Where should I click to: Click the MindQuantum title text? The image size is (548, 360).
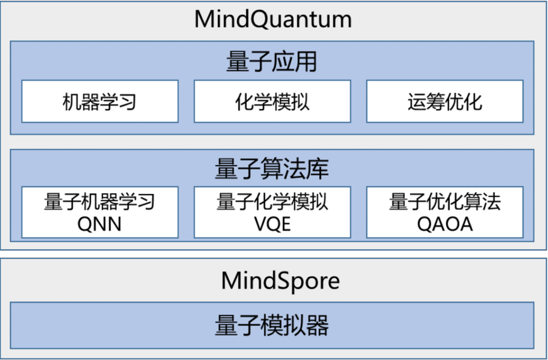point(273,20)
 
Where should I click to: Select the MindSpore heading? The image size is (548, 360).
point(280,281)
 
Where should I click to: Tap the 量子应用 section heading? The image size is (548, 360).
point(272,62)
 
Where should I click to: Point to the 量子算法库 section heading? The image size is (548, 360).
point(272,169)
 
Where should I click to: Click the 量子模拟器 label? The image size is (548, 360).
point(272,325)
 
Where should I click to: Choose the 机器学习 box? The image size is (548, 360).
point(100,102)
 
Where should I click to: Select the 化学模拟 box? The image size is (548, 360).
point(272,102)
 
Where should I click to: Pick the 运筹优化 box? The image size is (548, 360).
point(444,102)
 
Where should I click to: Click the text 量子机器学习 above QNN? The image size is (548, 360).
point(100,202)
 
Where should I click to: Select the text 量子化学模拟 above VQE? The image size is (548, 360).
point(272,202)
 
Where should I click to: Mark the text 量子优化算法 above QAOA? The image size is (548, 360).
point(444,202)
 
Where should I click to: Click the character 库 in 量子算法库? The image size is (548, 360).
point(318,169)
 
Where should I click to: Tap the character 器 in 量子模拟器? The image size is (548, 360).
point(318,325)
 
